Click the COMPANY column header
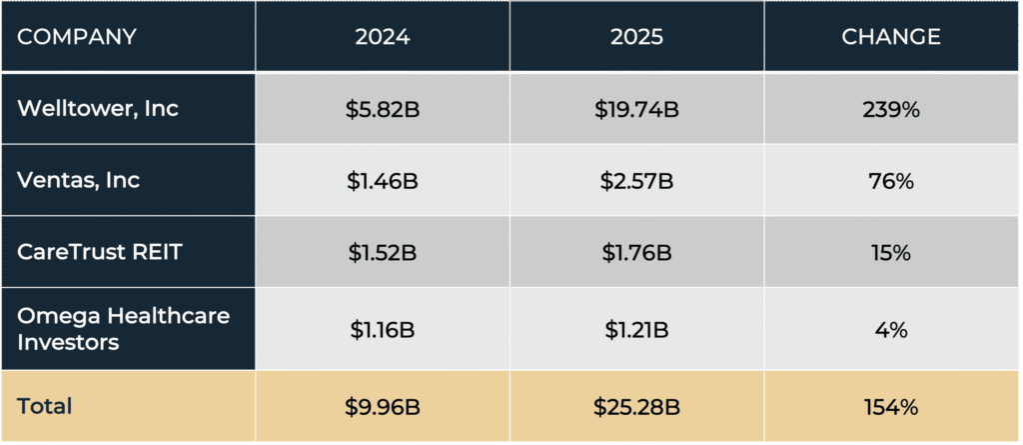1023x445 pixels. [77, 37]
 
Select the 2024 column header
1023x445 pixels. [383, 37]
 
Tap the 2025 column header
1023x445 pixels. [637, 37]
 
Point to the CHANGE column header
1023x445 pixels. [890, 37]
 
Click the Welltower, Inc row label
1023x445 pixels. [99, 108]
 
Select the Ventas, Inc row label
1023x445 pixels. [79, 180]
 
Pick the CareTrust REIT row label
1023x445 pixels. [100, 253]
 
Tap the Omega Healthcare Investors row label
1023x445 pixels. [124, 329]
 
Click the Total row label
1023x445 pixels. [45, 407]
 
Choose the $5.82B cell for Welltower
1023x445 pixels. [383, 109]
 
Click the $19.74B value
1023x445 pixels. [637, 109]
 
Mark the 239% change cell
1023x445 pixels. [890, 109]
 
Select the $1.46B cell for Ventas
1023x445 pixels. [383, 181]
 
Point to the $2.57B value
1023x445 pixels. [637, 181]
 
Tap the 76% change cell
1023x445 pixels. [890, 181]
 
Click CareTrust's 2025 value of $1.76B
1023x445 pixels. [637, 254]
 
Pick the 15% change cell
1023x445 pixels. [890, 254]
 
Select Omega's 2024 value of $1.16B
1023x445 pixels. [383, 329]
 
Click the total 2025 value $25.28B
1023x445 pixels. [637, 407]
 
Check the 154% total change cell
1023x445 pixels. [890, 407]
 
